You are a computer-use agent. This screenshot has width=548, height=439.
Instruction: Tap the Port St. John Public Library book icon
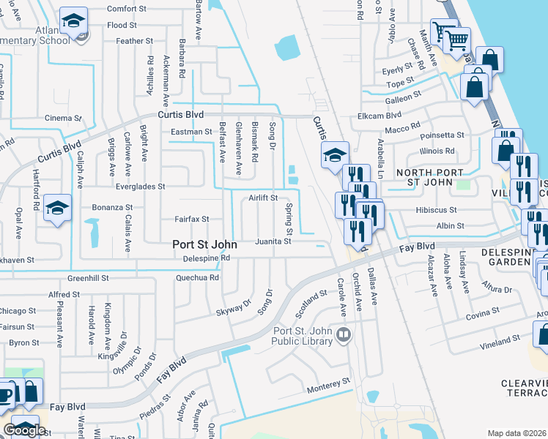click(x=344, y=334)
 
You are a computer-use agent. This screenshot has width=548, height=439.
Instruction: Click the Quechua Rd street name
click(x=198, y=278)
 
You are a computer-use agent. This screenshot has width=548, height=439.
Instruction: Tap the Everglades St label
click(x=142, y=187)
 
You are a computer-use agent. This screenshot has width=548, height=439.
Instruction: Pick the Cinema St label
click(x=62, y=118)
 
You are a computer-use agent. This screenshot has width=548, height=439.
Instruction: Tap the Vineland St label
click(x=500, y=339)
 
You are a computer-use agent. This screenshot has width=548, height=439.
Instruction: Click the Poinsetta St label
click(x=443, y=135)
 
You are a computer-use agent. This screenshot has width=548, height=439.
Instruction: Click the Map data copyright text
click(x=516, y=433)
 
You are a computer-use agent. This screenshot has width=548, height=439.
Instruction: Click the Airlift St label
click(x=263, y=198)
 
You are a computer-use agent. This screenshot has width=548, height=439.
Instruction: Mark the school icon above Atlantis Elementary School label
click(x=73, y=21)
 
